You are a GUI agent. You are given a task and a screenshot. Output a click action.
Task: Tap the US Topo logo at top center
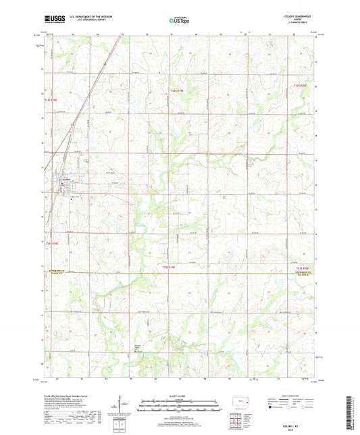[178, 21]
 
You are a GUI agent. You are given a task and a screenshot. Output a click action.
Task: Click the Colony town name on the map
[68, 179]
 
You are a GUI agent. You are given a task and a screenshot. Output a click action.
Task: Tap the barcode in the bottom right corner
[351, 414]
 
